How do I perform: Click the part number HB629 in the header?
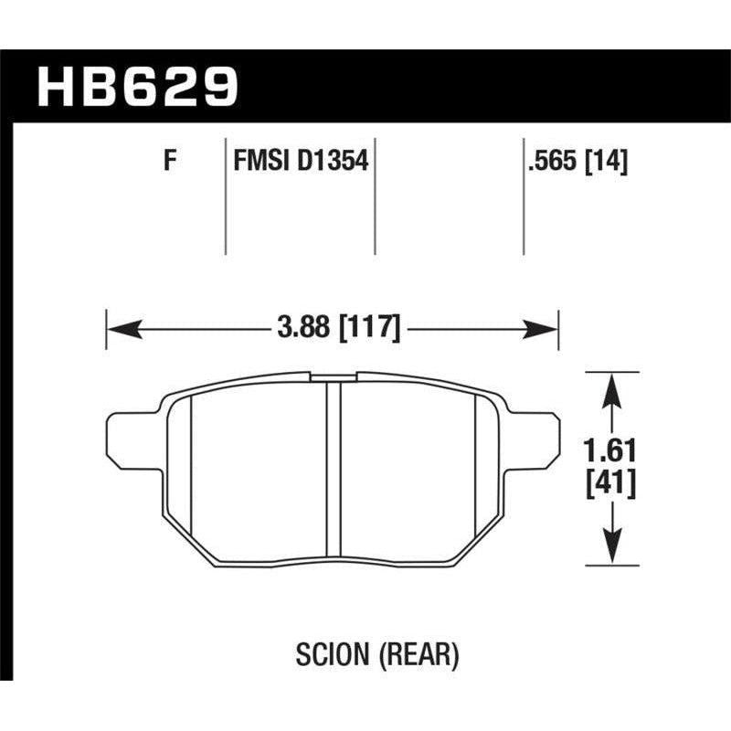138,87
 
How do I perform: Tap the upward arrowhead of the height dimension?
611,380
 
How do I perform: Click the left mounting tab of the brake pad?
125,436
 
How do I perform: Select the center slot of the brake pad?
334,471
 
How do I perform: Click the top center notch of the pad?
334,375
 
